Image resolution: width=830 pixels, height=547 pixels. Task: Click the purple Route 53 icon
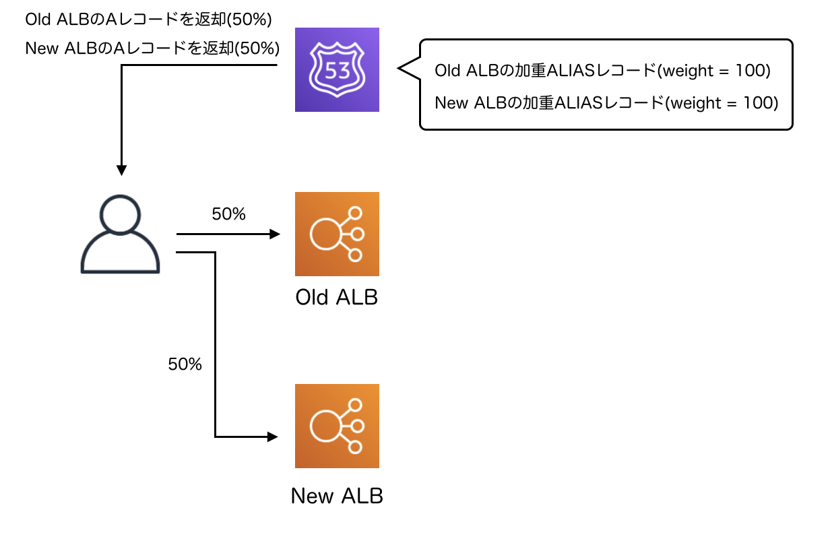coord(337,69)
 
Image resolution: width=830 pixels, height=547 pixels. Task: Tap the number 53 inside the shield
coord(337,69)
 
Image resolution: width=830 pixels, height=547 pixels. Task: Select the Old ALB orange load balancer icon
coord(337,234)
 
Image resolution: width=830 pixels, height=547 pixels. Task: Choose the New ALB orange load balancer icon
coord(337,426)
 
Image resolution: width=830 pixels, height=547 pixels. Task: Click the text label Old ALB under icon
coord(337,297)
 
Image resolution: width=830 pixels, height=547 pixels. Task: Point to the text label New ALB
coord(337,496)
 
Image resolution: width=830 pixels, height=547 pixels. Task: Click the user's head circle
coord(121,214)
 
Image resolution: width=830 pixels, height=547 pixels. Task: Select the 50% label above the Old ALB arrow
coord(229,215)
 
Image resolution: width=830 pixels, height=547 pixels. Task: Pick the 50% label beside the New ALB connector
coord(185,364)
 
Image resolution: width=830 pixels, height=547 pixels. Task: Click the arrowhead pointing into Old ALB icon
coord(275,234)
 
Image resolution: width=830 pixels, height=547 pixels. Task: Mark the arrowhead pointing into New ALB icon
coord(274,437)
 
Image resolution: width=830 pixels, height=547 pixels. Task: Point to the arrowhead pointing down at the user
coord(121,171)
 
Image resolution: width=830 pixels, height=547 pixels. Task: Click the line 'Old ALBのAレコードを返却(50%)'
coord(148,20)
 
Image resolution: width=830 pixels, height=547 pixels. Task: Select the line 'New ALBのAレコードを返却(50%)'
coord(152,49)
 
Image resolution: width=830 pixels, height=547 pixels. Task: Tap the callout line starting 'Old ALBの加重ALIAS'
coord(603,71)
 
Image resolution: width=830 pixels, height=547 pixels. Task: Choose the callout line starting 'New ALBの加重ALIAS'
coord(606,103)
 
